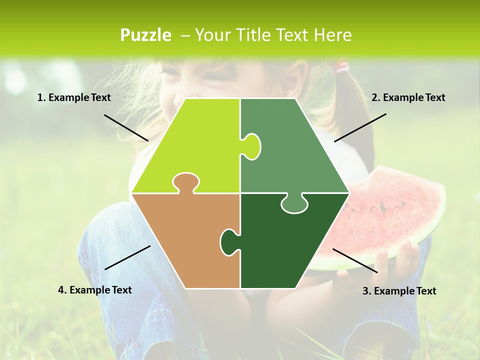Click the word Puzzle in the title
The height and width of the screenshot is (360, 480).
[x=145, y=35]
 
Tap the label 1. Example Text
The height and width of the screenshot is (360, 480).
[x=74, y=98]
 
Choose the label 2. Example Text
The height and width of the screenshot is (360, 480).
[x=408, y=98]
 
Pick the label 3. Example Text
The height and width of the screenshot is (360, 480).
[x=399, y=291]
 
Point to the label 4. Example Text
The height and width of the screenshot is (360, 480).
[x=95, y=290]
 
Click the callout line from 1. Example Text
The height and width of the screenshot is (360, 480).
[x=126, y=127]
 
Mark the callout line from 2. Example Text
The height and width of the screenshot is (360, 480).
[x=360, y=127]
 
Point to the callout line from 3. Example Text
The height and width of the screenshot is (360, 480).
[x=355, y=260]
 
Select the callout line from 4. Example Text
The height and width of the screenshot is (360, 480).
[x=127, y=257]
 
